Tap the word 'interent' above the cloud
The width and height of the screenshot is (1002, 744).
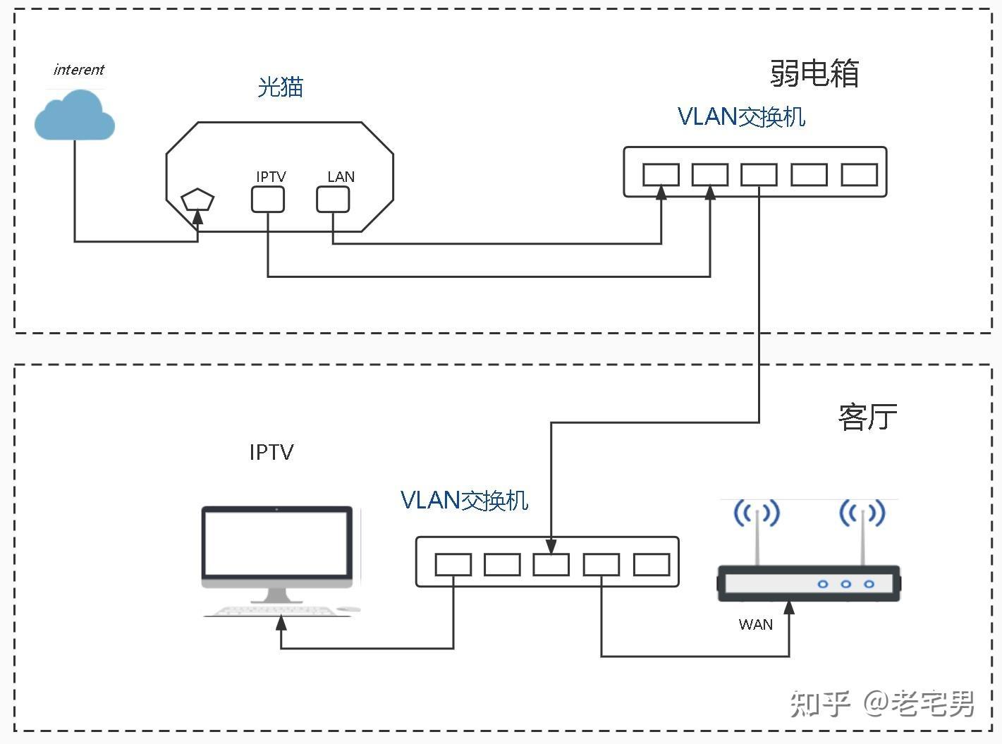point(78,69)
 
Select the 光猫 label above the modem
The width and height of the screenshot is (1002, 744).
point(280,87)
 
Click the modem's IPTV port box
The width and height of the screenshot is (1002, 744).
point(268,200)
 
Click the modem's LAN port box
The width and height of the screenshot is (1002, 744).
point(333,200)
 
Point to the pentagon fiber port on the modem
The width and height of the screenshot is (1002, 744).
point(197,200)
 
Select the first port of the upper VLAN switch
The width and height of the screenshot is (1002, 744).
point(661,174)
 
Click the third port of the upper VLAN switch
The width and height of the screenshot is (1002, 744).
point(759,174)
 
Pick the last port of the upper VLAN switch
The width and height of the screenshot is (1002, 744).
point(859,174)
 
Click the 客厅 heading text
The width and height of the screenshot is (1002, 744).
point(867,417)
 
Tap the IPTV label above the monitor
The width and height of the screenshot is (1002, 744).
point(271,452)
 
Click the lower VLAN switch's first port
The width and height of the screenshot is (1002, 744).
point(453,564)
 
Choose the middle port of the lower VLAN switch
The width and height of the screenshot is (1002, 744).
point(551,564)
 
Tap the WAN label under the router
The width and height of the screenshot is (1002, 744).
point(755,624)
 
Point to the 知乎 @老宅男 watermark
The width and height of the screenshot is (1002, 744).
point(881,703)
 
